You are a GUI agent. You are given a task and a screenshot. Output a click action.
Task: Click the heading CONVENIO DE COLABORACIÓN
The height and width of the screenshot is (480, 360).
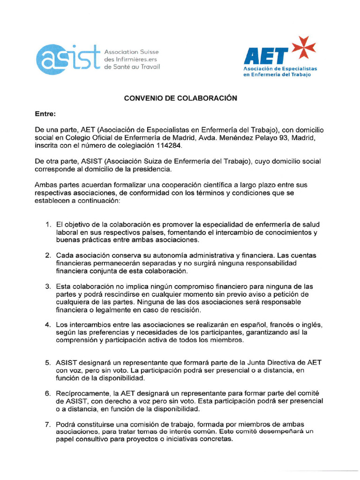tap(180, 98)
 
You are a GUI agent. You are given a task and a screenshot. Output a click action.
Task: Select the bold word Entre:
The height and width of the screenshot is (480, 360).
tap(45, 114)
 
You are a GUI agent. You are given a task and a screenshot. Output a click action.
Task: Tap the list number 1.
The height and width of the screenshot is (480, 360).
tap(48, 225)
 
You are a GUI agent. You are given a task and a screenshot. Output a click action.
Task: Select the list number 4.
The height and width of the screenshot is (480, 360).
tap(48, 325)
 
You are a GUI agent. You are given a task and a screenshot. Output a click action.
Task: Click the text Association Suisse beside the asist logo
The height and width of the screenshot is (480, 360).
tap(132, 51)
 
